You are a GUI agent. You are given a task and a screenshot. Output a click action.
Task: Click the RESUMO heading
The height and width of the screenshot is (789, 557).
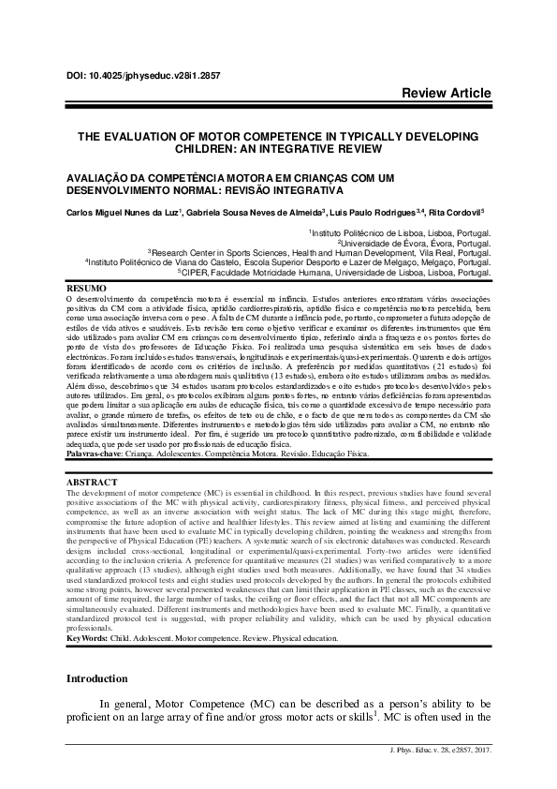click(86, 287)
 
